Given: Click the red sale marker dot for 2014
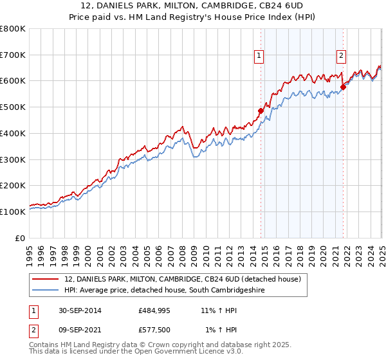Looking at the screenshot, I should (261, 111).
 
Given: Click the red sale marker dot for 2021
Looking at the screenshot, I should (343, 87).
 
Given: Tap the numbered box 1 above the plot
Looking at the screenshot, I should (259, 56).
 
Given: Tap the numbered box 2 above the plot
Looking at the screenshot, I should (340, 56).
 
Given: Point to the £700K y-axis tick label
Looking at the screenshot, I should (13, 55).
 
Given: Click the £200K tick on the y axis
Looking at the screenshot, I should (13, 185).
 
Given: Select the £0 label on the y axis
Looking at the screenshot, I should (21, 237).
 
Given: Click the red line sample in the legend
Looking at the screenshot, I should (46, 279).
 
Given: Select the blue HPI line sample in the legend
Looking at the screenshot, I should (46, 291).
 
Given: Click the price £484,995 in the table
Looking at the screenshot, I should (155, 310).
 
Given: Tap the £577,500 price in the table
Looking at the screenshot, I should (155, 330).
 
